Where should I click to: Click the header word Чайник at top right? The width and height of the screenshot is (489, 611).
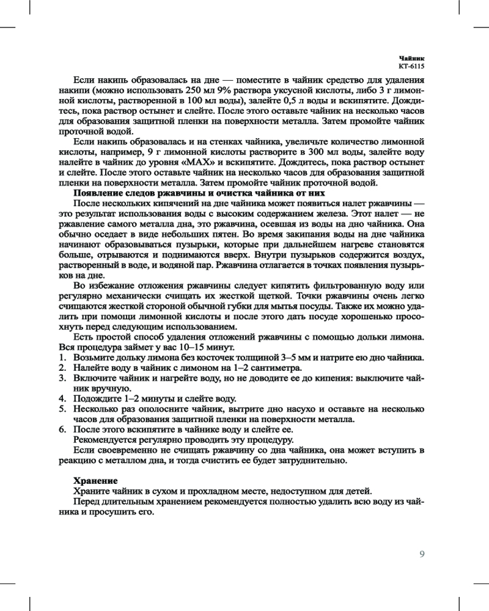411,56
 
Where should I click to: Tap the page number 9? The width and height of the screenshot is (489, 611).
422,554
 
